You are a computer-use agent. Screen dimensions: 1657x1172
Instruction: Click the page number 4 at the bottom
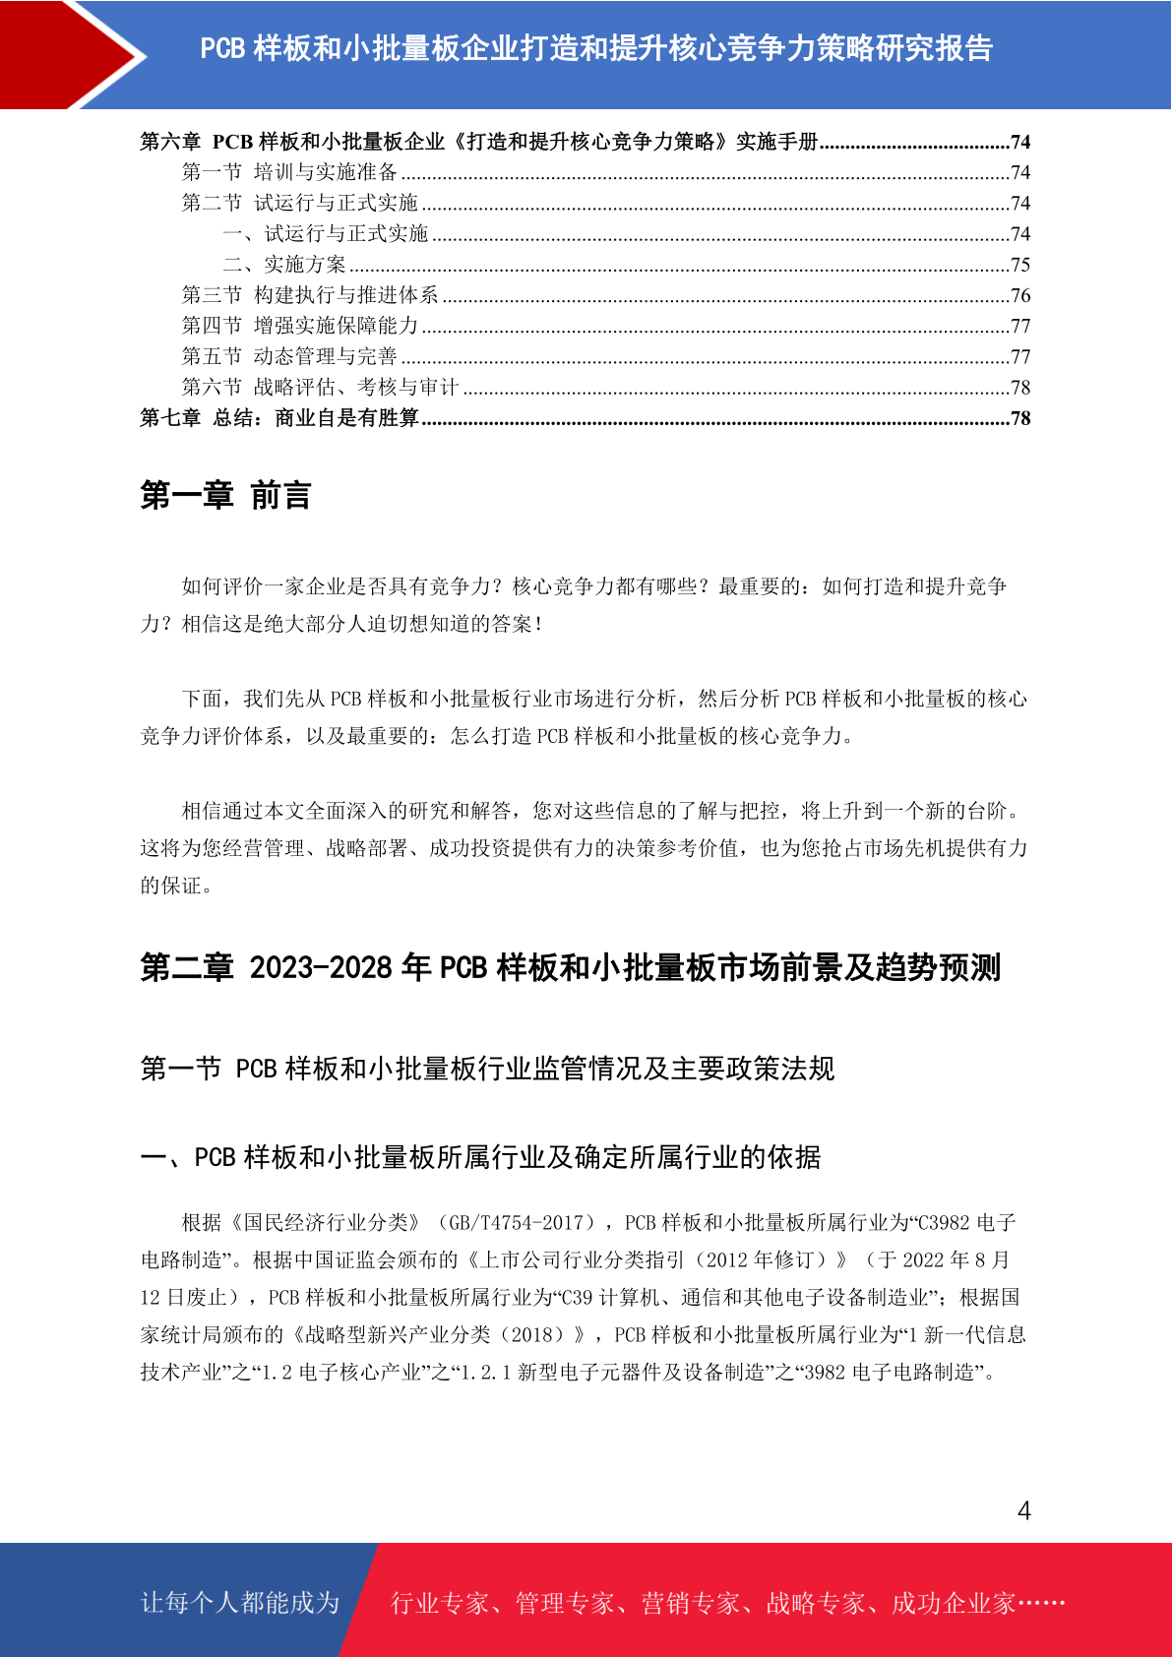tap(1023, 1511)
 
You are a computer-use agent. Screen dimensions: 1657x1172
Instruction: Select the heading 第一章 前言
tap(225, 495)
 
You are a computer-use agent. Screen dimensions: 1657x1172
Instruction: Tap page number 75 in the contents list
tap(1020, 265)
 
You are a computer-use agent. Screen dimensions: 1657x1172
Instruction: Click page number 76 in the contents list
tap(1020, 295)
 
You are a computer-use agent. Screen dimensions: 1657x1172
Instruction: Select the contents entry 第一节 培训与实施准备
tap(289, 172)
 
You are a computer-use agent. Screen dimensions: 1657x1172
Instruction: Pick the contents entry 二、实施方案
tap(284, 265)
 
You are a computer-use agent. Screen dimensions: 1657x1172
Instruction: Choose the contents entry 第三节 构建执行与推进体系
tap(310, 295)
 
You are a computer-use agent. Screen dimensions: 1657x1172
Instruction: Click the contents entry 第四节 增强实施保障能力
tap(300, 326)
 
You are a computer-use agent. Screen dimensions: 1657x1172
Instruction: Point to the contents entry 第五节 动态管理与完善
tap(289, 356)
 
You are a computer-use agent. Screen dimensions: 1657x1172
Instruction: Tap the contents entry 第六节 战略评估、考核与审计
tap(320, 387)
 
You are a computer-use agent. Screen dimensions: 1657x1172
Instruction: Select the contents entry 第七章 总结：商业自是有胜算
tap(279, 418)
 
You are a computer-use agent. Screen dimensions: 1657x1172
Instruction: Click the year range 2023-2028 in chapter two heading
tap(321, 967)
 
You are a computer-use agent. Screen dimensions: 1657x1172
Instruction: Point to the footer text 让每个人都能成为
tap(240, 1603)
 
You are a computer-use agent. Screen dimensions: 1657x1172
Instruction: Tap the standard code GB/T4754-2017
tap(517, 1223)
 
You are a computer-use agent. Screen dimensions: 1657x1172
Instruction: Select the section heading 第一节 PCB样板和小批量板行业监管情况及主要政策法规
tap(487, 1069)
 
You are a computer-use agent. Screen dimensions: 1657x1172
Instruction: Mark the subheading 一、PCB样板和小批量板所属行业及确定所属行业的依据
tap(480, 1157)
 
